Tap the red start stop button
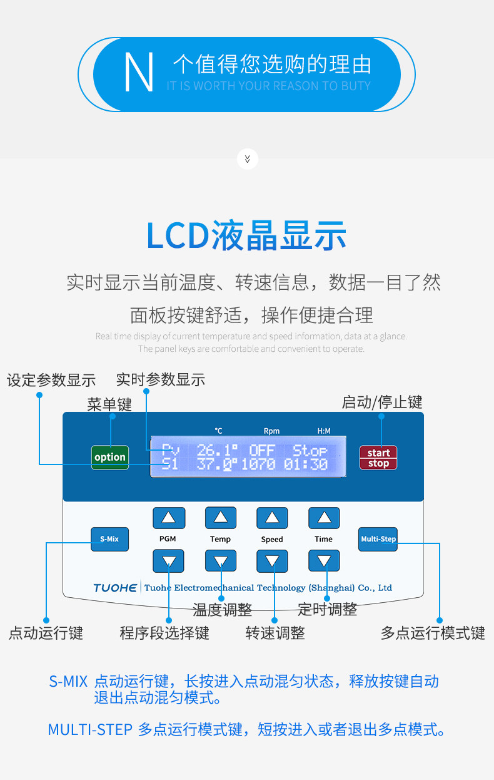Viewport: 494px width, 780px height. (378, 458)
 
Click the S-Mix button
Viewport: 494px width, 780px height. (109, 539)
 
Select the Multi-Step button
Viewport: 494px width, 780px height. (378, 539)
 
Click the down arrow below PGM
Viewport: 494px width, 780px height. (168, 561)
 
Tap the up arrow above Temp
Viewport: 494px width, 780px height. (221, 518)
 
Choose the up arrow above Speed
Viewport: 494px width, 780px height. (272, 518)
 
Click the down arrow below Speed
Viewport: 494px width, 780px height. (272, 561)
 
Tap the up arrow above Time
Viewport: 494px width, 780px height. (324, 518)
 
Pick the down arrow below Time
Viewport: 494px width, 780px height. (324, 561)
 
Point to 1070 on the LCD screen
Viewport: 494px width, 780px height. (258, 464)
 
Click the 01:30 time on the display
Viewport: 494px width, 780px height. (306, 464)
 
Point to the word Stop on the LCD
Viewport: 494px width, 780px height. (310, 451)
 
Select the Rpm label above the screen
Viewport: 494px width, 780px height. (271, 431)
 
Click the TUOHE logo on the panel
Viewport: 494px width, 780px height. (115, 588)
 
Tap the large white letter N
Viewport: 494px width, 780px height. (139, 72)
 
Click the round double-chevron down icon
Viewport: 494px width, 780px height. (248, 159)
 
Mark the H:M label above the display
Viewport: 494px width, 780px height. (324, 431)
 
